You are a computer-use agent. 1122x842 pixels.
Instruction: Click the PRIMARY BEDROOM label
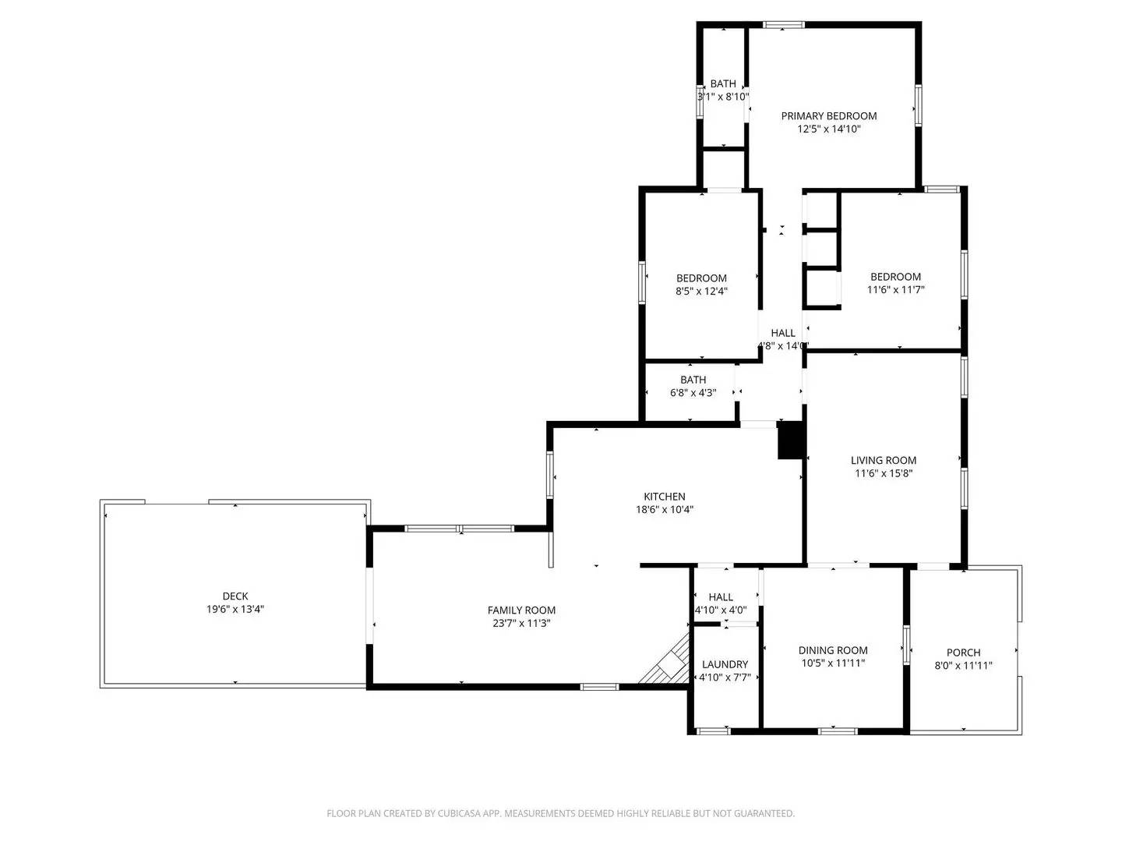[828, 116]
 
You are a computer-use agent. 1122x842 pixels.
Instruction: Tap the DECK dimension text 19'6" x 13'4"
[235, 610]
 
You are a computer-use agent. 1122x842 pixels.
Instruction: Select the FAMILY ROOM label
[521, 610]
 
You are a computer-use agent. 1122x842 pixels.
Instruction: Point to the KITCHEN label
[664, 497]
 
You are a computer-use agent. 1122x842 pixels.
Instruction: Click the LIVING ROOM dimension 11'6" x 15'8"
[883, 473]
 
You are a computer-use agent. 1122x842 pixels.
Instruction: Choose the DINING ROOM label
[832, 650]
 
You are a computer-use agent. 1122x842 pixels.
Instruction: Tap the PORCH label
[963, 653]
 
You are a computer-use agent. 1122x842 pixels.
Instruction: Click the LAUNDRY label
[725, 664]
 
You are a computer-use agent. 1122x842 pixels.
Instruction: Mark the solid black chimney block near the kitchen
[790, 440]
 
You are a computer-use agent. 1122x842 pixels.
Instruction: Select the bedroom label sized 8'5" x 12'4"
[701, 278]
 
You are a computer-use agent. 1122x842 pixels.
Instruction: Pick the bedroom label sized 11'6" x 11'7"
[895, 277]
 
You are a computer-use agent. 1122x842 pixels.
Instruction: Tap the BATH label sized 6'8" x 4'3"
[693, 380]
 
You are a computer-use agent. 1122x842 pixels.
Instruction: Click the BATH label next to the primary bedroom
[722, 84]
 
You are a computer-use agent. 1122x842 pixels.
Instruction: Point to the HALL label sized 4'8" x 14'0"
[782, 334]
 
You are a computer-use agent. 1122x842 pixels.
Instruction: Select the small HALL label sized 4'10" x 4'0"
[721, 597]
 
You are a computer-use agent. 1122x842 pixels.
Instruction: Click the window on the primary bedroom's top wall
[783, 25]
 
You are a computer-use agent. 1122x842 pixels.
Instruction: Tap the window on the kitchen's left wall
[549, 474]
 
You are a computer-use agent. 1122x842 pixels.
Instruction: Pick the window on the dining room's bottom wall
[837, 731]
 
